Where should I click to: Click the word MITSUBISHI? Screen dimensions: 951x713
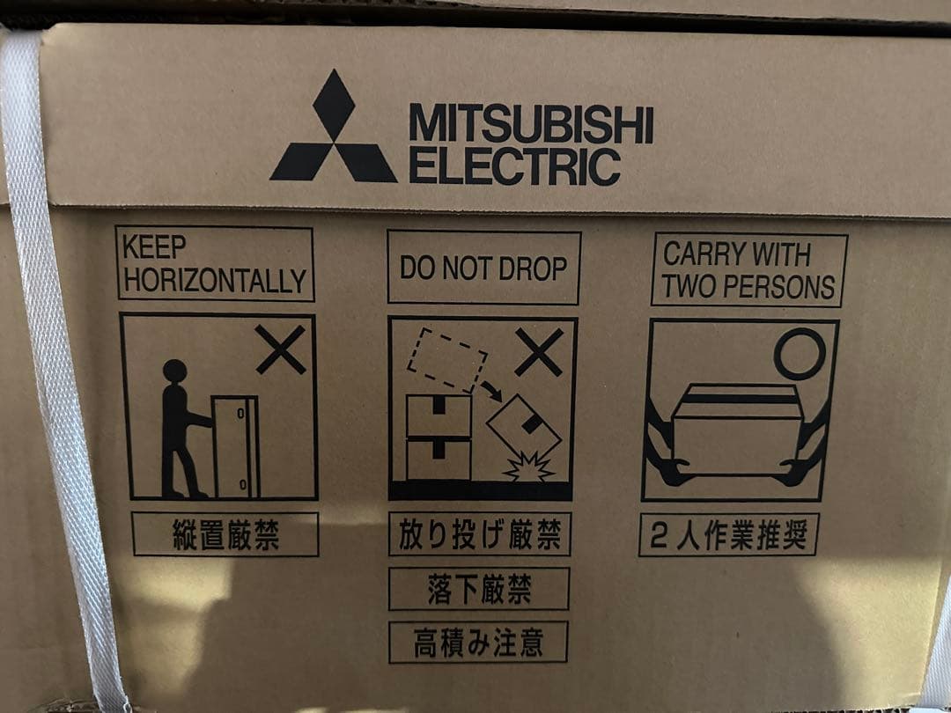pos(531,124)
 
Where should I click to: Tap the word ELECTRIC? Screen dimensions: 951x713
pos(515,165)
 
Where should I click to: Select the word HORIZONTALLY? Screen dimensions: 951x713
pos(216,280)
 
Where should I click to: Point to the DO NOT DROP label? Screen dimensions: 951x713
pos(483,268)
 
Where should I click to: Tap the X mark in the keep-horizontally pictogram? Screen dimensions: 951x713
pos(280,349)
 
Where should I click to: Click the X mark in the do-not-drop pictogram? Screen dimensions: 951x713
pos(539,351)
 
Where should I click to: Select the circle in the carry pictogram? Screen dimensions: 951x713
pos(800,354)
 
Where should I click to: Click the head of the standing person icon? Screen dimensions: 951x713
pos(174,371)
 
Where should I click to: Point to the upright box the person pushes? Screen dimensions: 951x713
pos(235,447)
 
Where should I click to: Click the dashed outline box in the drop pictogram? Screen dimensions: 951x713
pos(447,359)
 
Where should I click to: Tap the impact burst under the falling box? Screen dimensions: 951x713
pos(529,467)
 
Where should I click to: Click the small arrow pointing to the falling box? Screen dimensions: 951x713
pos(491,391)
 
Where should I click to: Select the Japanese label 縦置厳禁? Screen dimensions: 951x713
pos(225,535)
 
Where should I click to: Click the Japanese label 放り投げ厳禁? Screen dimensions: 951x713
pos(480,534)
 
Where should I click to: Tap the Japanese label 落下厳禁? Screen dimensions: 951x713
pos(479,589)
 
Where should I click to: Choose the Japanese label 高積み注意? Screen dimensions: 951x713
pos(478,642)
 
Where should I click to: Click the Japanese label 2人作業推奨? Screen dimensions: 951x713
pos(728,535)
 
